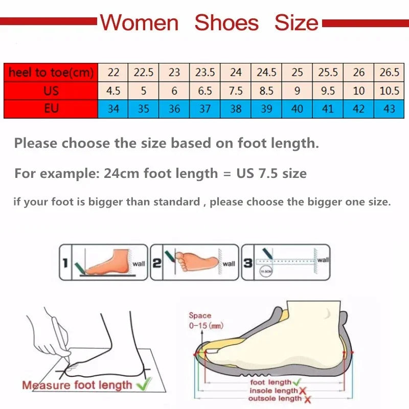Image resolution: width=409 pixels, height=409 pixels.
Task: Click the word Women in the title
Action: coord(139,23)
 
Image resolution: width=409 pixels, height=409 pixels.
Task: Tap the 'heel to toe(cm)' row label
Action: coord(51,73)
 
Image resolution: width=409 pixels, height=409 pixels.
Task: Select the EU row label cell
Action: coord(51,108)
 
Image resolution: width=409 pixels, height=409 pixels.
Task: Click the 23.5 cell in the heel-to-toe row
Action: coord(205,73)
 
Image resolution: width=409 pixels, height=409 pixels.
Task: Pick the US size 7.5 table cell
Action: coord(236,90)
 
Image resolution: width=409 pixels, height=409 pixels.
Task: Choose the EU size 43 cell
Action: coord(390,108)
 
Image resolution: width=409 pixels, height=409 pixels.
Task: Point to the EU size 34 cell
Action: coord(113,108)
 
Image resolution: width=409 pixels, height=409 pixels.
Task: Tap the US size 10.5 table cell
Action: coord(390,90)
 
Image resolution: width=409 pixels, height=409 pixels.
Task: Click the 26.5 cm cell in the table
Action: coord(390,73)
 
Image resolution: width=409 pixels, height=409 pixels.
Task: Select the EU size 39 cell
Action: coord(266,108)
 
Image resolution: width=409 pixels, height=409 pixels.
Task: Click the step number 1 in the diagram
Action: coord(65,263)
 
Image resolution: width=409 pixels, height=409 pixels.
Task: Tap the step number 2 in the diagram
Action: coord(157,263)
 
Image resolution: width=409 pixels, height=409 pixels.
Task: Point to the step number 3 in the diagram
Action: coord(248,263)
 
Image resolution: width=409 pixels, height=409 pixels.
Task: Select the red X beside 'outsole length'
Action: coord(307,399)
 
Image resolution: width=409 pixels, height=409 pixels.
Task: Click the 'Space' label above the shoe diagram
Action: coord(200,316)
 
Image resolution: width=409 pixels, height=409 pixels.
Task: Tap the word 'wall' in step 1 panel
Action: coord(139,264)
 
